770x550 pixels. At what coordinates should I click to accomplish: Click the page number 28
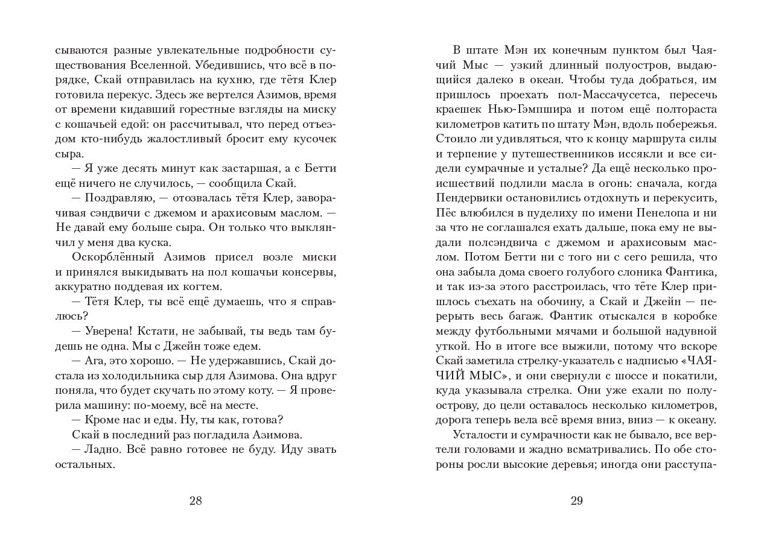[196, 501]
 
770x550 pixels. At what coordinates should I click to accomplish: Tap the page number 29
[576, 501]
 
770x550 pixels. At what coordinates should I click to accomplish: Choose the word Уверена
[104, 331]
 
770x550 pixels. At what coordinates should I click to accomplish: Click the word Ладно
[96, 449]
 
